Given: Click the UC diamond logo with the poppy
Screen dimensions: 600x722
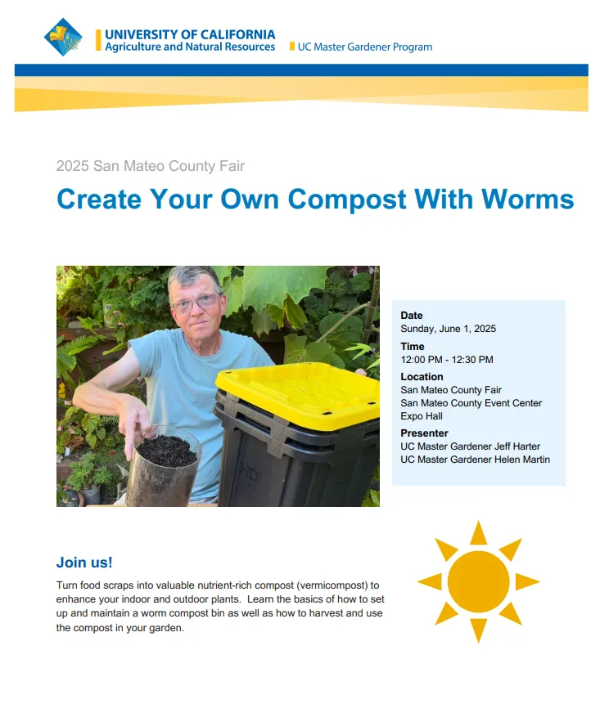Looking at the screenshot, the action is coord(63,38).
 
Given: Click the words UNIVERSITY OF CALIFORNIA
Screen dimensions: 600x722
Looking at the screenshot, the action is coord(190,34).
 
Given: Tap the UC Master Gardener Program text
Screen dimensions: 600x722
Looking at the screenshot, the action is coord(364,47).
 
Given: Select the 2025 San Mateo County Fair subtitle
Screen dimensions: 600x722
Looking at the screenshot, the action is coord(151,166).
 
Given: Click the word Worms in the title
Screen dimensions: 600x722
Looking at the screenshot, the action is coord(528,199).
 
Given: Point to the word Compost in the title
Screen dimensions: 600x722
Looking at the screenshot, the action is coord(347,200).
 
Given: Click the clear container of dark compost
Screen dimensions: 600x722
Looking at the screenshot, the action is coord(163,469).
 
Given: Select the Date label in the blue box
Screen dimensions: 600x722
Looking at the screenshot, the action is coord(412,316).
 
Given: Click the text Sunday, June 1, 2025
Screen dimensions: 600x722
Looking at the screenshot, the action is coord(448,329).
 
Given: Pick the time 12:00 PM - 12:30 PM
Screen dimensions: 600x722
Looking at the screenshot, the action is coord(447,360).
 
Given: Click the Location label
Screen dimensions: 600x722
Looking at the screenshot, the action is coord(422,377).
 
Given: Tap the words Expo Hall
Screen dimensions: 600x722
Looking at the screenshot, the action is coord(422,416).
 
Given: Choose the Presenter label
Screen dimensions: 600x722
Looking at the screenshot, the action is coord(424,433).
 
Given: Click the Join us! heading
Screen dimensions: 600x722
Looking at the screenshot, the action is coord(84,563).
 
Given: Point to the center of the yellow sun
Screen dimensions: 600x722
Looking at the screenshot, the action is coord(478,581).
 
